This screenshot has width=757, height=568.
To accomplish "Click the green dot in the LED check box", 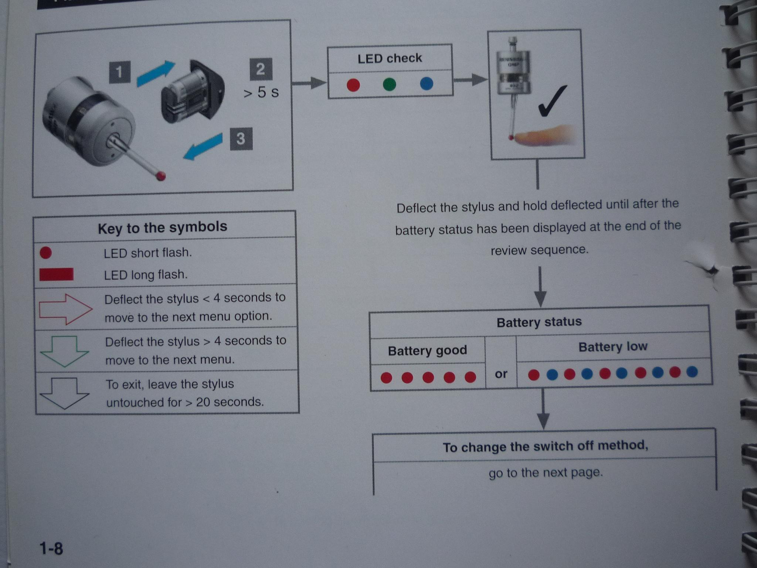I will (x=389, y=84).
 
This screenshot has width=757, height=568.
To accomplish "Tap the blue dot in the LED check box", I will (x=427, y=84).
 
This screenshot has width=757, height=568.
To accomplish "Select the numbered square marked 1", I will (x=120, y=72).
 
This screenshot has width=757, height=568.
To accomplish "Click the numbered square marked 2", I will (x=261, y=69).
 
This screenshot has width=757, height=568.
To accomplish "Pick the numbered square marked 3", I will (x=241, y=139).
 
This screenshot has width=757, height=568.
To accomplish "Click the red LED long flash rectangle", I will (x=56, y=274).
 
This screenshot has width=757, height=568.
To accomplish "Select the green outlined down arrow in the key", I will (x=64, y=351).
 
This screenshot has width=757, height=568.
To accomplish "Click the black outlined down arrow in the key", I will (x=64, y=393).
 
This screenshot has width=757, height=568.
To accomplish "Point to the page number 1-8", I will (x=51, y=548).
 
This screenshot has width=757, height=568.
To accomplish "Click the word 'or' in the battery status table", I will (x=501, y=374).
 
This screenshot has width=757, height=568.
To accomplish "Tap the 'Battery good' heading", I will (x=427, y=350).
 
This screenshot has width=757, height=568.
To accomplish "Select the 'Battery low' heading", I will (x=613, y=347).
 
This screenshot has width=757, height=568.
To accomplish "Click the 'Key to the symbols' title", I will (x=163, y=227).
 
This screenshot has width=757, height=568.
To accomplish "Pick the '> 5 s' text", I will (x=261, y=92).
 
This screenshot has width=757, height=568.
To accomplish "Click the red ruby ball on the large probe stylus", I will (x=161, y=176).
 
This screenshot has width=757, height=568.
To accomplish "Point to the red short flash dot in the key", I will (x=46, y=253).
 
